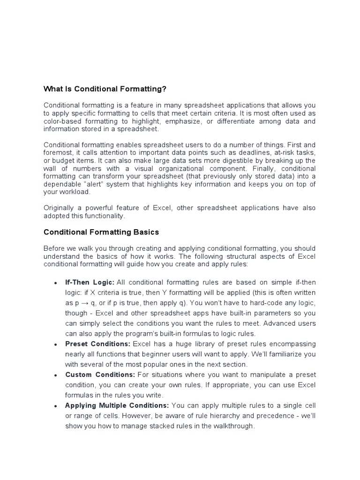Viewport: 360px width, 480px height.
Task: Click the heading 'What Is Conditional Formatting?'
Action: (105, 89)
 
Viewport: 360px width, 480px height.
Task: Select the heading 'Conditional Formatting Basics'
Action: (101, 232)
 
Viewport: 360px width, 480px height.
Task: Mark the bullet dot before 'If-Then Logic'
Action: (56, 283)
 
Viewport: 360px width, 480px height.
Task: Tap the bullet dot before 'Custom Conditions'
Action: (56, 375)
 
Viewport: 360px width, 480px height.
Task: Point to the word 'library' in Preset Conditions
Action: (183, 344)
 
